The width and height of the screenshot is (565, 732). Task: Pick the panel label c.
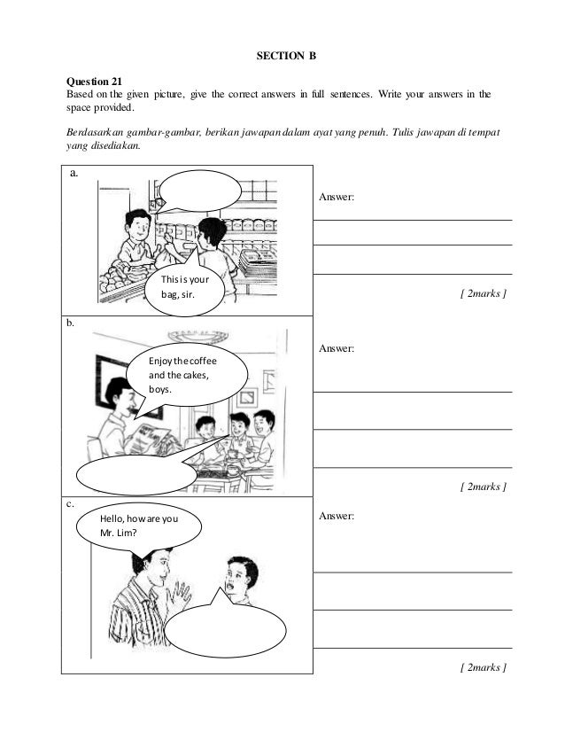click(69, 502)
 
